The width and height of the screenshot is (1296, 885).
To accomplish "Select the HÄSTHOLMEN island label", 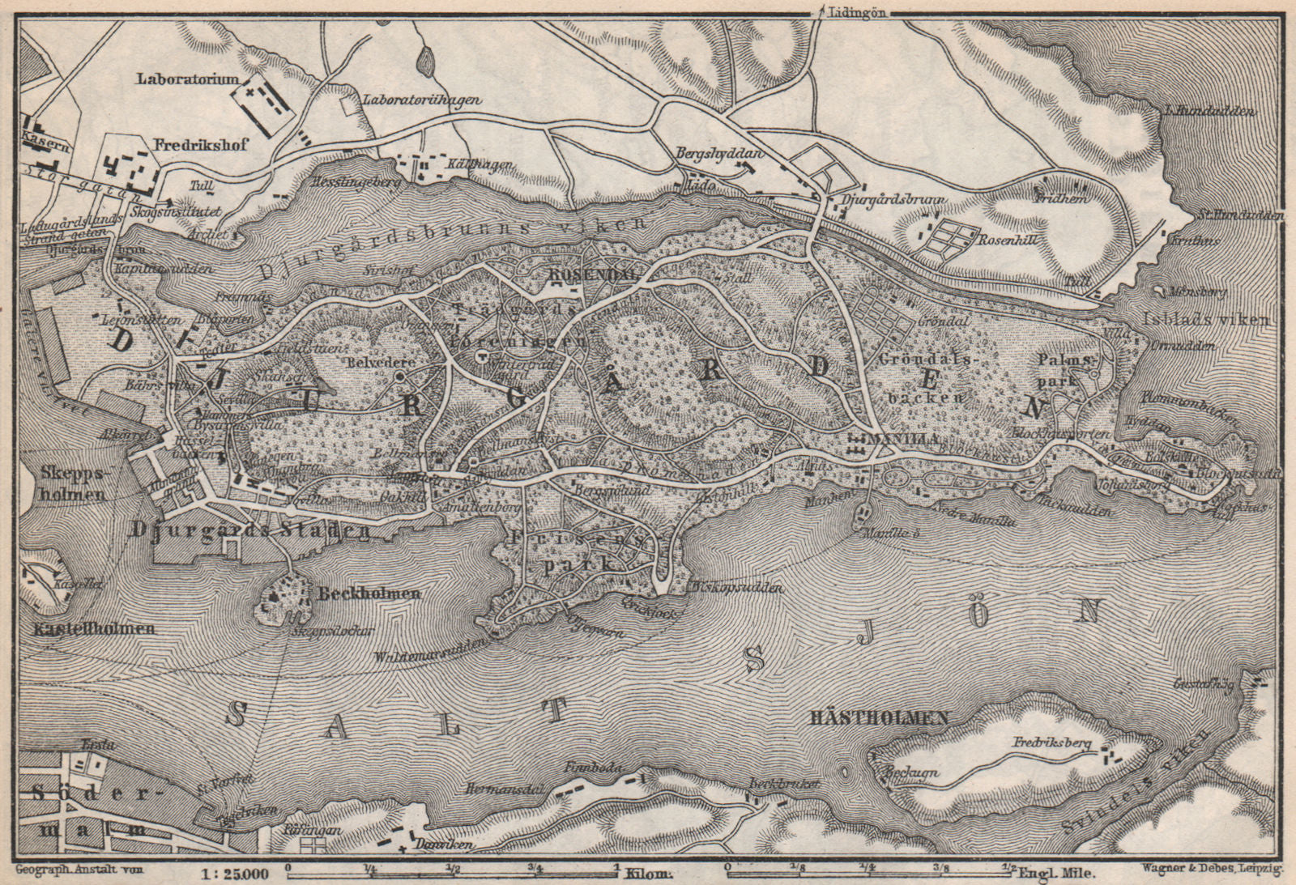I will (879, 717).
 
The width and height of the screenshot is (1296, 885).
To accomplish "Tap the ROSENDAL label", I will (594, 274).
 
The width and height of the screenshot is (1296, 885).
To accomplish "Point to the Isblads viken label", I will (1208, 319).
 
